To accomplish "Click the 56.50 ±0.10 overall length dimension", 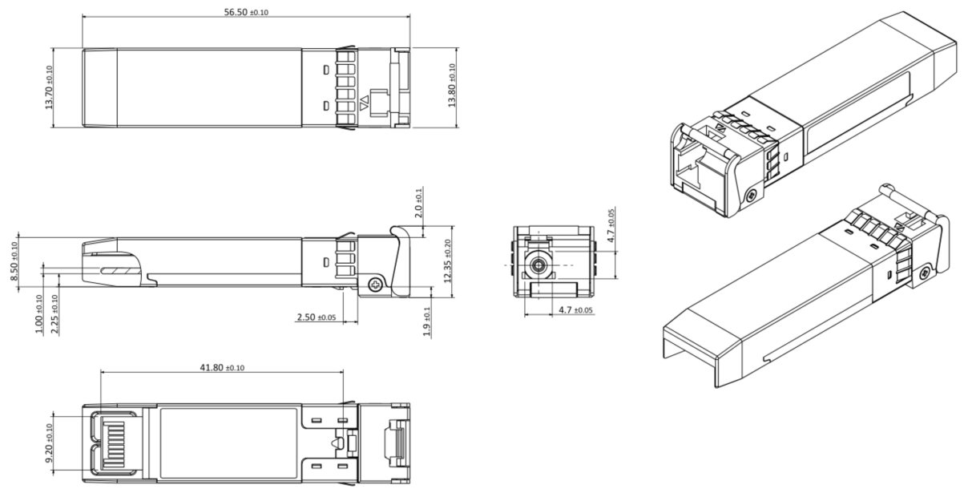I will click(x=246, y=12).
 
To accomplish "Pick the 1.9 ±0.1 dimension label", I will click(x=426, y=321).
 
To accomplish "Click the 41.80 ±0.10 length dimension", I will click(x=221, y=367).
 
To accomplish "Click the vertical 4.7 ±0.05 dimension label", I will click(x=611, y=227).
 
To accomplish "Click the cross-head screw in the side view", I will click(x=374, y=285).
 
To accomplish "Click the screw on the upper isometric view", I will click(x=751, y=196).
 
